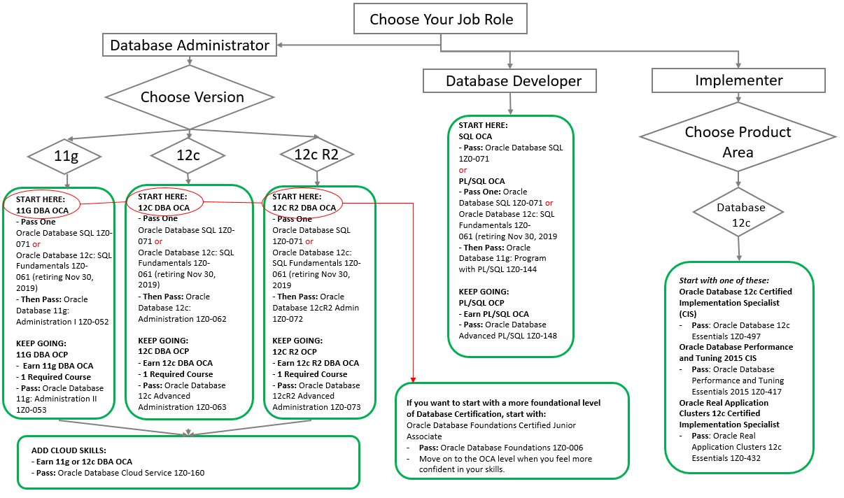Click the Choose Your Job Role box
click(440, 19)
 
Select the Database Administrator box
click(190, 45)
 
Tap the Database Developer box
click(509, 80)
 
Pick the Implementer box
click(738, 80)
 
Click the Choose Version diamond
click(190, 97)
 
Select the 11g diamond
click(64, 156)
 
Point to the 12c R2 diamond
click(317, 154)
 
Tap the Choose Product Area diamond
click(738, 137)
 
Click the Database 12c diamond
click(738, 212)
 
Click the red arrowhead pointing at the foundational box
click(414, 379)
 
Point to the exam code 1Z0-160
click(189, 473)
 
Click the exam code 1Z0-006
click(568, 448)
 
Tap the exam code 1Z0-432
click(745, 458)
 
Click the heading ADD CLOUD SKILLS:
click(69, 450)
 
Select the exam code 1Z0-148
click(541, 336)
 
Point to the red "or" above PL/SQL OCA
click(463, 170)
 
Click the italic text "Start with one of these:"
click(724, 280)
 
